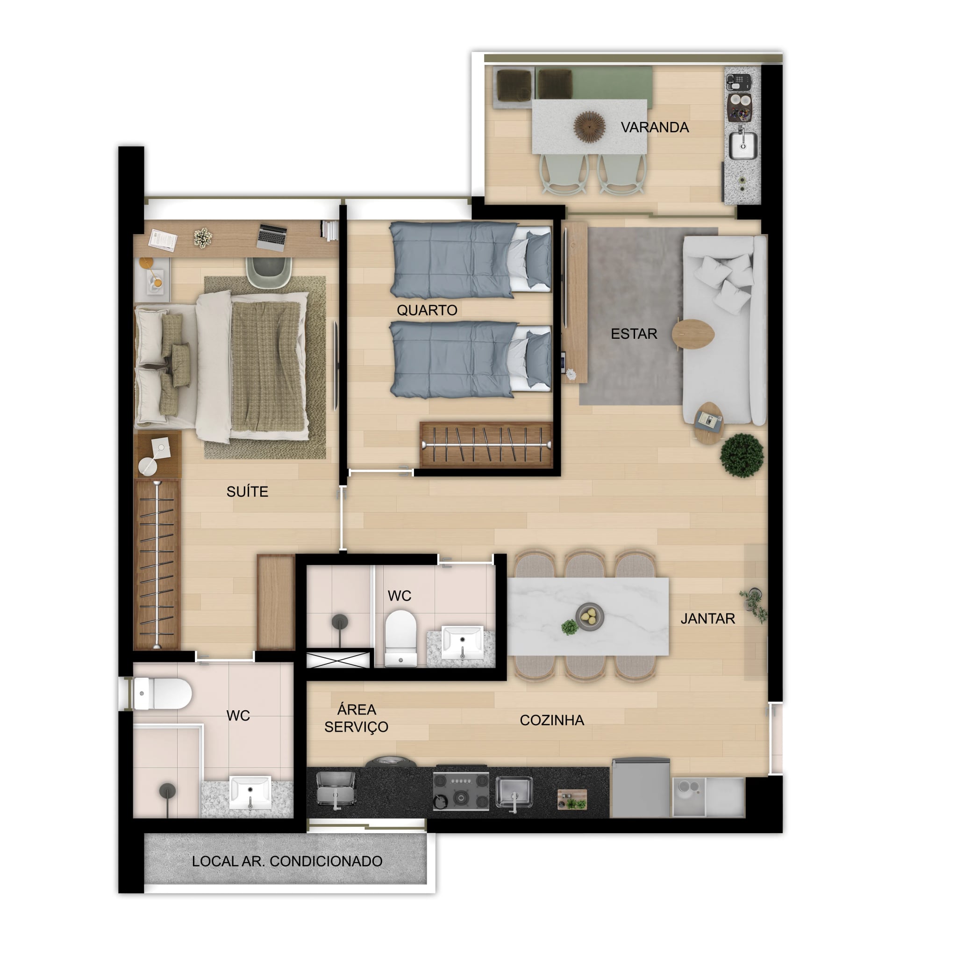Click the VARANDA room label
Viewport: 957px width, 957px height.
pos(654,127)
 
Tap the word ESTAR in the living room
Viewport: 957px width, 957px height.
pos(634,334)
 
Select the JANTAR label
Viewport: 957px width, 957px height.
pos(707,618)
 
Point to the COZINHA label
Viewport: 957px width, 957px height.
pos(552,720)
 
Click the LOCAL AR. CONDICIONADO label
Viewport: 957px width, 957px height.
pos(287,861)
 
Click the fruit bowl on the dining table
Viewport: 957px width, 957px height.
pos(589,616)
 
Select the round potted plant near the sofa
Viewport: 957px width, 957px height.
pos(742,455)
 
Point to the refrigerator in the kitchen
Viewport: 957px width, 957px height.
pos(641,787)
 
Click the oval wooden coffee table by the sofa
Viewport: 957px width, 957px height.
pos(693,334)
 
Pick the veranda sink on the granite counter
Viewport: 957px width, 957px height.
pos(743,145)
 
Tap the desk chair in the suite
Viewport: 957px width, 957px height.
pos(269,271)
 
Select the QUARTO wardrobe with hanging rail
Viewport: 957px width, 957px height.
pos(486,445)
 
